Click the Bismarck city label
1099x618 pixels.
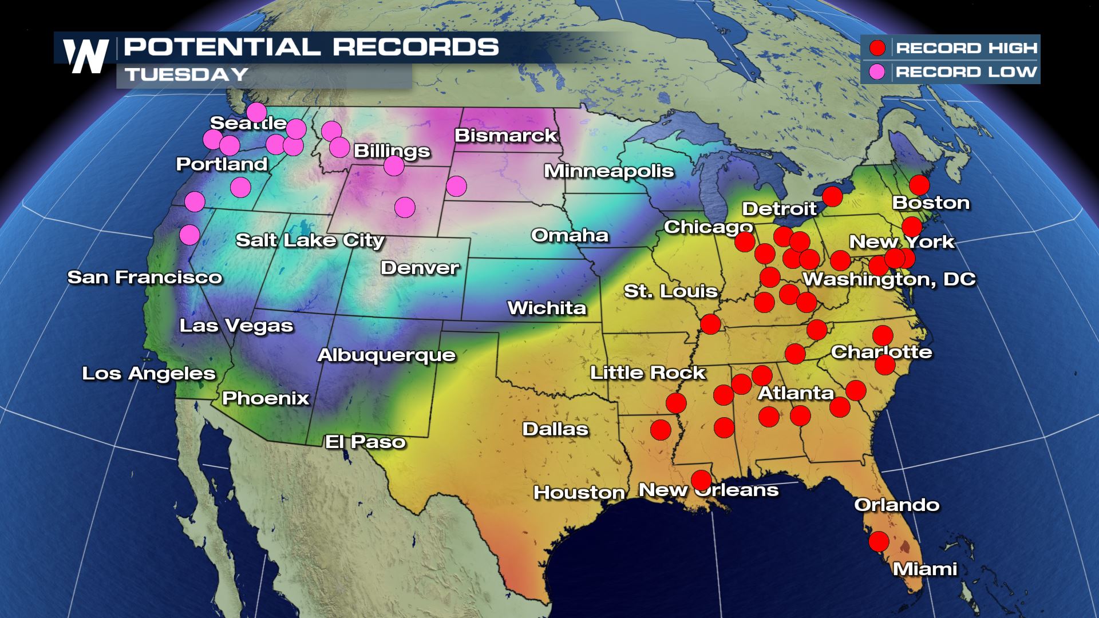tap(505, 136)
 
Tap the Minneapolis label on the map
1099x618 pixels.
tap(608, 171)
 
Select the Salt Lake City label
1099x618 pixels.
tap(310, 240)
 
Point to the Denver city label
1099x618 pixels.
tap(420, 268)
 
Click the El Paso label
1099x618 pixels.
tap(365, 442)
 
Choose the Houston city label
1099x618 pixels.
tap(579, 492)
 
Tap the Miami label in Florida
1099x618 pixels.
tap(925, 569)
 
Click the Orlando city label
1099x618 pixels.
tap(896, 505)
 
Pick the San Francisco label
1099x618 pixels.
tap(145, 278)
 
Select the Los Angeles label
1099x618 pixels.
tap(149, 374)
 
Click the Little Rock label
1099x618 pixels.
tap(647, 373)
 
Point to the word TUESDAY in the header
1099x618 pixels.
tap(187, 74)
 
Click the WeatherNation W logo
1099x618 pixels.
tap(86, 56)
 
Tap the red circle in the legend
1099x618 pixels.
tap(877, 48)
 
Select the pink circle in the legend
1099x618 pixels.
tap(877, 72)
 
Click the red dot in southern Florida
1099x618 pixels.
tap(879, 541)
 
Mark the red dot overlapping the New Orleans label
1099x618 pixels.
tap(701, 480)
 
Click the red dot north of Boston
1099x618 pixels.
tap(919, 185)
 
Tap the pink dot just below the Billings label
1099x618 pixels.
tap(394, 166)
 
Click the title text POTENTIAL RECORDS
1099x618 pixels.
tap(311, 47)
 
